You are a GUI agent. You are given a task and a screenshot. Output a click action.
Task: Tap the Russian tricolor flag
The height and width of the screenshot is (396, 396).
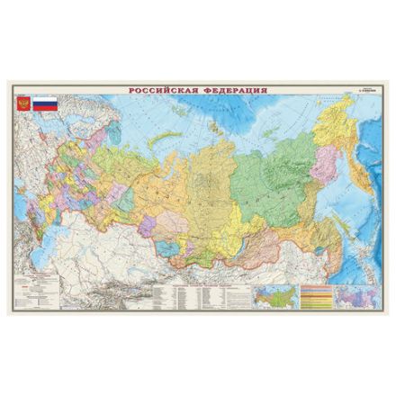pos(43,103)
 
